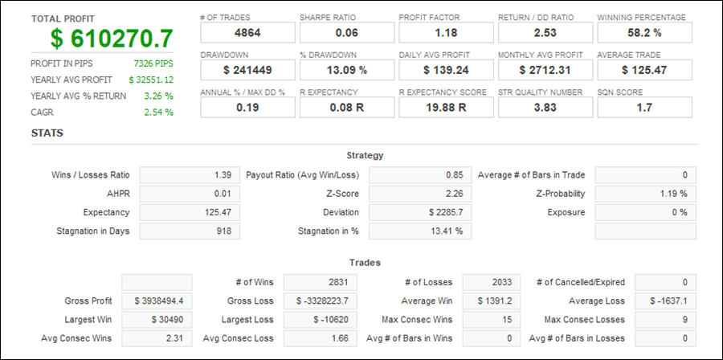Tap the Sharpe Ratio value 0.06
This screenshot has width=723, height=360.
(x=346, y=33)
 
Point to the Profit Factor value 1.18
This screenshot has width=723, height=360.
(x=446, y=33)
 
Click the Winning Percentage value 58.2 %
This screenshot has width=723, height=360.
(x=644, y=33)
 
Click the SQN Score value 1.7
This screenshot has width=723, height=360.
(x=644, y=107)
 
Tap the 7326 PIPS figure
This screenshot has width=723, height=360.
(x=153, y=63)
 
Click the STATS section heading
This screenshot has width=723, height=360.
(x=47, y=133)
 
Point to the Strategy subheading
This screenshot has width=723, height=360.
(x=365, y=155)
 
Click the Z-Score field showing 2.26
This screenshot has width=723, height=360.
(x=420, y=194)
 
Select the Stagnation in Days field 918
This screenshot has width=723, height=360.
(x=190, y=231)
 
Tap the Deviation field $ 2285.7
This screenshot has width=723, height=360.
(x=420, y=213)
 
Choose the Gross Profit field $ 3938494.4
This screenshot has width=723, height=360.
(x=157, y=301)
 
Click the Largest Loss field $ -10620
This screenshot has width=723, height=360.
(x=320, y=320)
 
